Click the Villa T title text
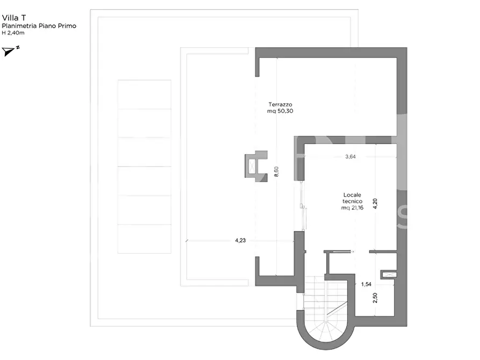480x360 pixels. click(14, 18)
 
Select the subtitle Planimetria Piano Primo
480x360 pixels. click(39, 26)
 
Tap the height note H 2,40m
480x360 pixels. click(13, 33)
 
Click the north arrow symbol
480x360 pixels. click(10, 51)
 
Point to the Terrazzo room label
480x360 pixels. click(280, 104)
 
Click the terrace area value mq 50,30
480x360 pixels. click(280, 111)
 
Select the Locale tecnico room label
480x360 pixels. click(353, 198)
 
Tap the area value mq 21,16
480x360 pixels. click(353, 208)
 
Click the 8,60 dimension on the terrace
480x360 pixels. click(276, 171)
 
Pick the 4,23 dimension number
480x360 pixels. click(240, 241)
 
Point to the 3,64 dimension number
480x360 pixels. click(350, 157)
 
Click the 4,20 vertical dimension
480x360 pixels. click(375, 204)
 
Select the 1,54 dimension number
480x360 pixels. click(366, 284)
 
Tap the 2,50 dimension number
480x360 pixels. click(375, 298)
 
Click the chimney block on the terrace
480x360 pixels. click(256, 166)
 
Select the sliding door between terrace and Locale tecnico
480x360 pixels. click(303, 206)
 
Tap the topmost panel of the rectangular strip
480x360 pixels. click(145, 94)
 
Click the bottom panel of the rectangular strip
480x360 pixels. click(145, 239)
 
